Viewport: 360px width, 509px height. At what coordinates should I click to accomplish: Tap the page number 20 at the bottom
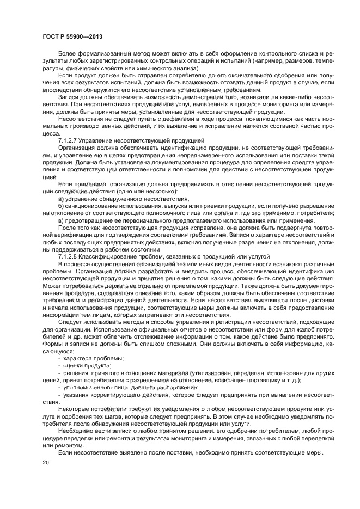[x=46, y=462]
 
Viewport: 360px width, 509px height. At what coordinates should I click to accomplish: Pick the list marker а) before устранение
[x=60, y=199]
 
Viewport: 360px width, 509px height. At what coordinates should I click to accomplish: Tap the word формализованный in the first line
[x=101, y=55]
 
